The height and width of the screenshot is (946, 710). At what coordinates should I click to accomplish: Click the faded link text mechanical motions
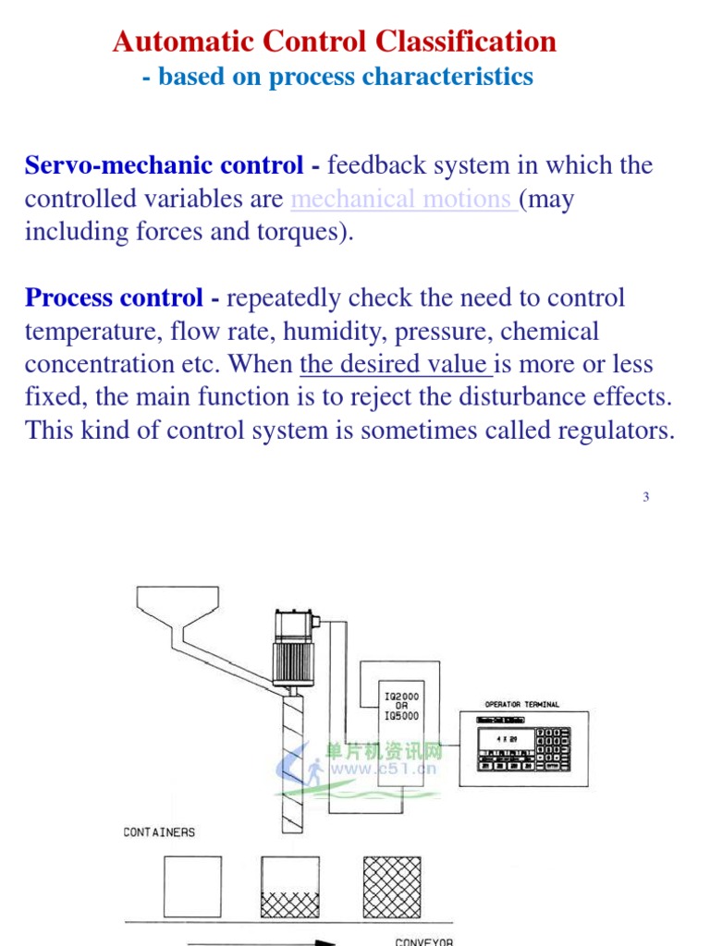(403, 200)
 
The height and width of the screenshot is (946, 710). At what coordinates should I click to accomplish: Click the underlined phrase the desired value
(396, 364)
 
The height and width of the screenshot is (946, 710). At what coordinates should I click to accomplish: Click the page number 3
(646, 497)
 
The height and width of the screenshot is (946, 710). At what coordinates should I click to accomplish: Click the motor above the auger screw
(294, 647)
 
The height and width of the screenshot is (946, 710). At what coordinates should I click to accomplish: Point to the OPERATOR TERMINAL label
(522, 704)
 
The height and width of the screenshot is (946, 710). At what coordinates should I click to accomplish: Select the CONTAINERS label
(159, 832)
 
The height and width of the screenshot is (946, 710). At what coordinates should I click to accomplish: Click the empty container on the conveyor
(192, 886)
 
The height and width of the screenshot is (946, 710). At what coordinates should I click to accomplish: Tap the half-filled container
(290, 887)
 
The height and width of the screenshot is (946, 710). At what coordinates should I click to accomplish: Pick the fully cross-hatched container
(393, 887)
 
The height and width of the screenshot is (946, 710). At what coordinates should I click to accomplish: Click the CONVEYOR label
(424, 941)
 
